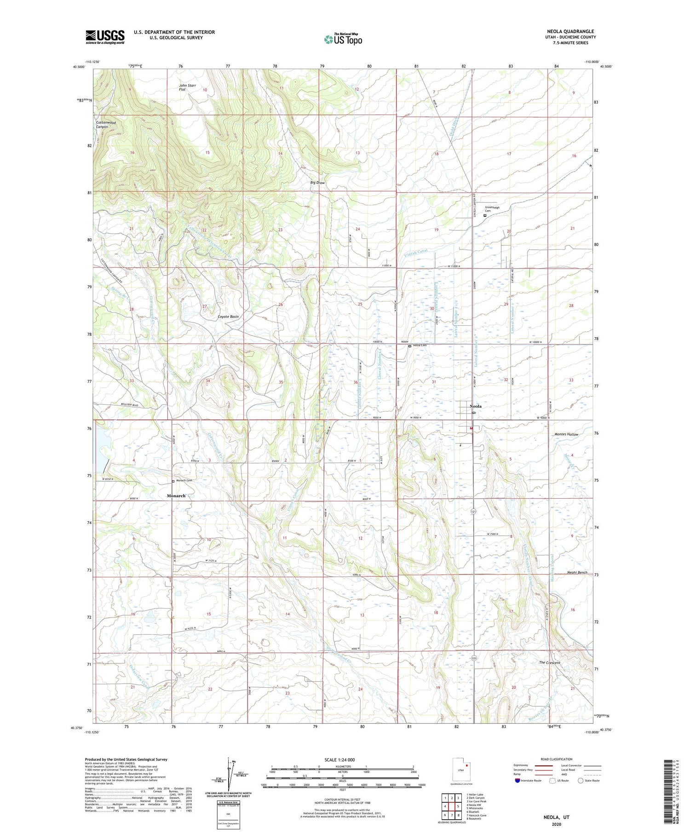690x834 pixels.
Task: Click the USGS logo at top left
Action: [x=105, y=37]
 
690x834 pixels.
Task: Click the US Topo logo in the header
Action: [x=343, y=40]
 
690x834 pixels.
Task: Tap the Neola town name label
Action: [x=476, y=406]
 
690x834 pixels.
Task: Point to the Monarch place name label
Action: [x=176, y=495]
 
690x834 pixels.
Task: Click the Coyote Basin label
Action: [x=228, y=317]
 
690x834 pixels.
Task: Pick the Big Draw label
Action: [x=317, y=183]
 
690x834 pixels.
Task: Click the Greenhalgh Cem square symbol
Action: [x=485, y=215]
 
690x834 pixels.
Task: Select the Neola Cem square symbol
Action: [x=409, y=346]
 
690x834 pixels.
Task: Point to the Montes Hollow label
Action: [x=566, y=434]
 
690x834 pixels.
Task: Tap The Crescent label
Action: [x=549, y=662]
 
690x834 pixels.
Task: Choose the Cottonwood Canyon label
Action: [x=106, y=125]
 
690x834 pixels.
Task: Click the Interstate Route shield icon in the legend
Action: [x=517, y=781]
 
